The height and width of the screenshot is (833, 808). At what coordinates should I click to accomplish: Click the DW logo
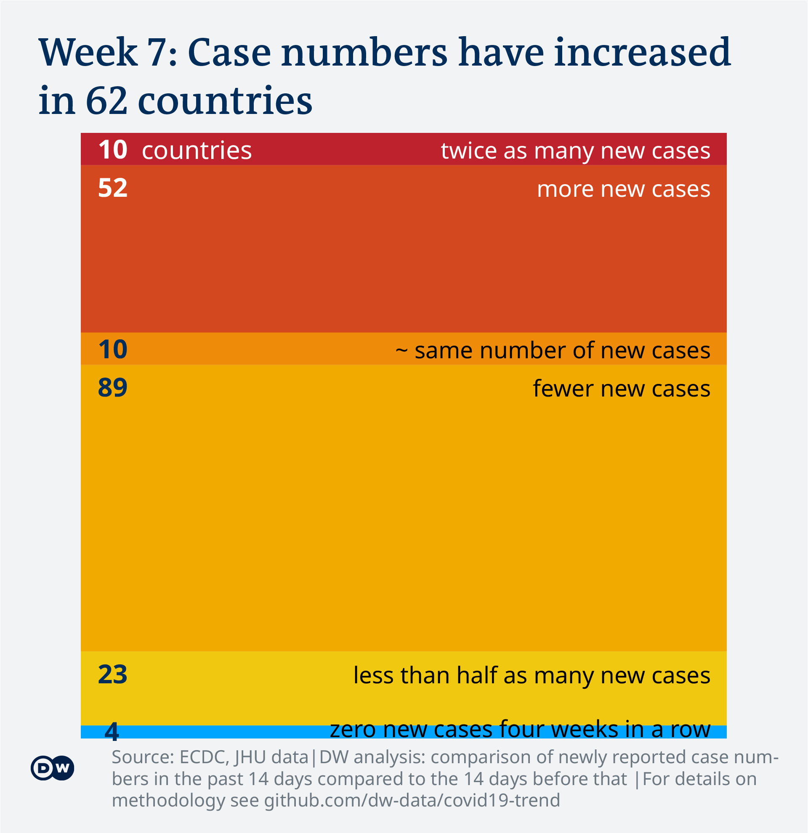tap(52, 768)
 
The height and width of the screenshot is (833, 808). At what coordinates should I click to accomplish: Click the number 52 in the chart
tap(113, 188)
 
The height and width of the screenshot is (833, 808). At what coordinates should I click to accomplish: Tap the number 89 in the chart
tap(113, 388)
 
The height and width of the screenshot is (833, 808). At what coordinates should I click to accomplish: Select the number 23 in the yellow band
tap(113, 674)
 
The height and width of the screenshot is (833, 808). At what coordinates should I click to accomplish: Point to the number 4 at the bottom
tap(112, 731)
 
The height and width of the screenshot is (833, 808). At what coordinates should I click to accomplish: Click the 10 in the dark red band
tap(113, 150)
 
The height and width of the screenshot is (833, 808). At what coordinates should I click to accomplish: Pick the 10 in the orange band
tap(113, 349)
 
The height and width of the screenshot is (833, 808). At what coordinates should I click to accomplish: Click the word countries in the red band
tap(197, 151)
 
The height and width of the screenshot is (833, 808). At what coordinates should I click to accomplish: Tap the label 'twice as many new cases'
tap(575, 151)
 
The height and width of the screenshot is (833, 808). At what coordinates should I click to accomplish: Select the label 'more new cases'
tap(623, 189)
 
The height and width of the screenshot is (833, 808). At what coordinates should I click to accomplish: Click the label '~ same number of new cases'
tap(553, 351)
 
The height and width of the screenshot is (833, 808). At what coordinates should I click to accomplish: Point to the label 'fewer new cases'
tap(621, 389)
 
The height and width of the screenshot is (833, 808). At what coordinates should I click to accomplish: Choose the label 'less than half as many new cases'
tap(532, 675)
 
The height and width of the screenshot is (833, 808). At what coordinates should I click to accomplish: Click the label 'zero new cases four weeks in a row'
tap(520, 729)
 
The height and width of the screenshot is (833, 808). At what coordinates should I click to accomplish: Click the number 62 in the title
tap(106, 101)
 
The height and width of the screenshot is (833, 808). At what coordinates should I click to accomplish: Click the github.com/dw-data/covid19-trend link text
tap(412, 800)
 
